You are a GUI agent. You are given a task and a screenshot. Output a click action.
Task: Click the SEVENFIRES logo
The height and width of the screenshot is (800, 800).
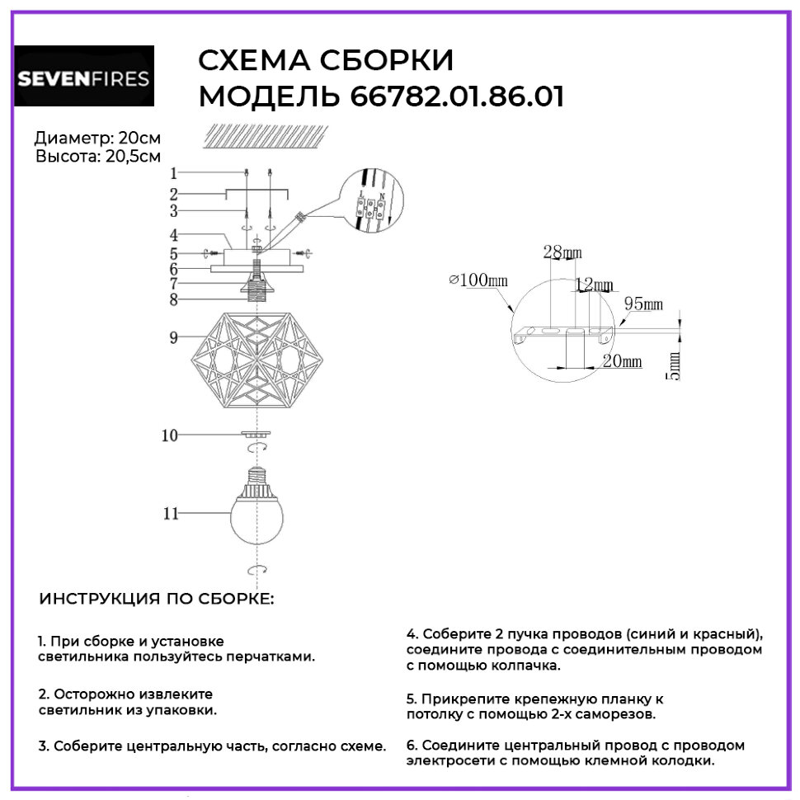point(84,77)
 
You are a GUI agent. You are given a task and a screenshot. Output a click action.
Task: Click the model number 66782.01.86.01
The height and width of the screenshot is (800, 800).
point(458,96)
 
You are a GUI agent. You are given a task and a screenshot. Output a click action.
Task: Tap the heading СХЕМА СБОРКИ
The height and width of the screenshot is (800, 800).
point(327,62)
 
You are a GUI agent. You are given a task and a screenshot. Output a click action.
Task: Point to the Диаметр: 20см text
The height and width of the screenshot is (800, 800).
point(98,139)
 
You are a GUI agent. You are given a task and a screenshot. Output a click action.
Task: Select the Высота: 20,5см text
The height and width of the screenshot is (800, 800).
point(98,155)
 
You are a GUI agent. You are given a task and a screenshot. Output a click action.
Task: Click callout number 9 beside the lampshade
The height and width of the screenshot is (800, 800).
point(174,336)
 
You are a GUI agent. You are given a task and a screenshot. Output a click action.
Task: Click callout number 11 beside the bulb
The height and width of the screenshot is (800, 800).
point(172,513)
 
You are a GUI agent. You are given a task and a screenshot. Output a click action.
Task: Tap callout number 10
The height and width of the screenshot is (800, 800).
point(170,436)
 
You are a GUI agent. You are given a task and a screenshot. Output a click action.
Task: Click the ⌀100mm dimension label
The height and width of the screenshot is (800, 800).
point(478,280)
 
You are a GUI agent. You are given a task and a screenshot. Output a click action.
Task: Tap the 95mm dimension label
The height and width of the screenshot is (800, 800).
point(643,304)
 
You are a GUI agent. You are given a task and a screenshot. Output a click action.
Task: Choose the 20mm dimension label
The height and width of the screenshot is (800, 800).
point(622,361)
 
